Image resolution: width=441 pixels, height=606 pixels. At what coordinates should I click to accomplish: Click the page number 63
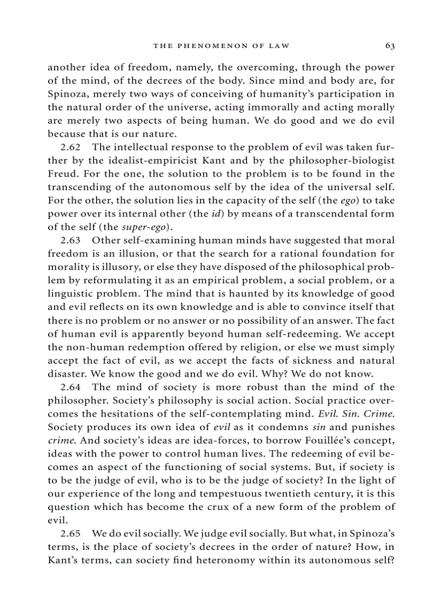[x=390, y=46]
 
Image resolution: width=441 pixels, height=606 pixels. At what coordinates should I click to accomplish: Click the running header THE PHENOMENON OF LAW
[x=221, y=46]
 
